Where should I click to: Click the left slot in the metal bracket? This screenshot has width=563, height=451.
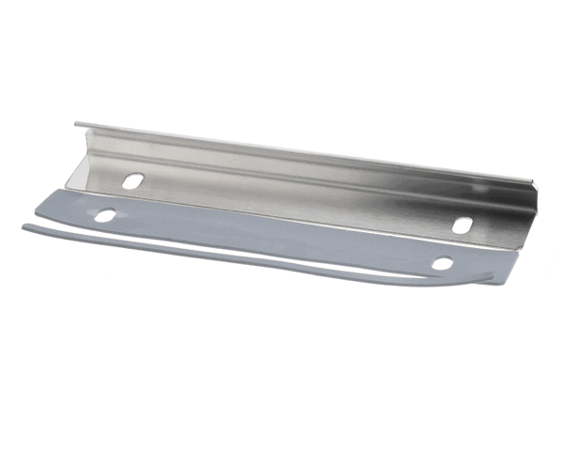coord(132,179)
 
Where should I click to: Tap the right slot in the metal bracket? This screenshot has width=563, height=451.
coord(463,225)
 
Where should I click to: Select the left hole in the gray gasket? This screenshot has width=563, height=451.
coord(104,216)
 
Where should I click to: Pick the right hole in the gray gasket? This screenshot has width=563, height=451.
coord(442,263)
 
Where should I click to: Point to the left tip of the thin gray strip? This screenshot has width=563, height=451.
coord(25,227)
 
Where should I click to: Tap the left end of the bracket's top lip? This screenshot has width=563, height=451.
coord(77,123)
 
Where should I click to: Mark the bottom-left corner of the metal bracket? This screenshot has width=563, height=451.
coord(68,185)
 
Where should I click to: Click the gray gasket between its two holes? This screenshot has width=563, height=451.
coord(272,235)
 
